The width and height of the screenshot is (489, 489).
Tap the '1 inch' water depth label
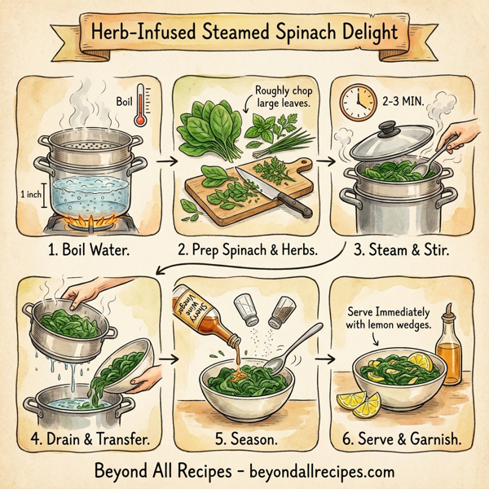pos(29,196)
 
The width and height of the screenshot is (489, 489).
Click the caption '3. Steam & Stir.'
pos(403,251)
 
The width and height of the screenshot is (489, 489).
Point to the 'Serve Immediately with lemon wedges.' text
pos(392,319)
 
